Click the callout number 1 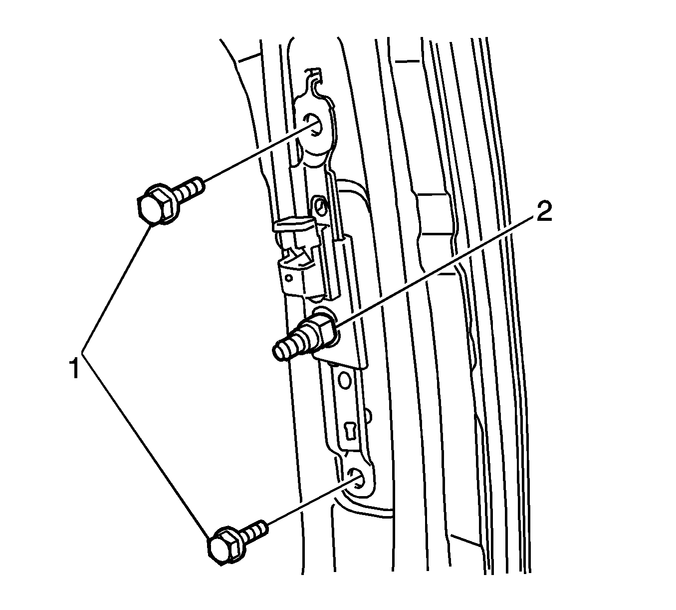(x=74, y=369)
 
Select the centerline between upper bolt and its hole (x=259, y=153)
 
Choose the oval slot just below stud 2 (x=344, y=380)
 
